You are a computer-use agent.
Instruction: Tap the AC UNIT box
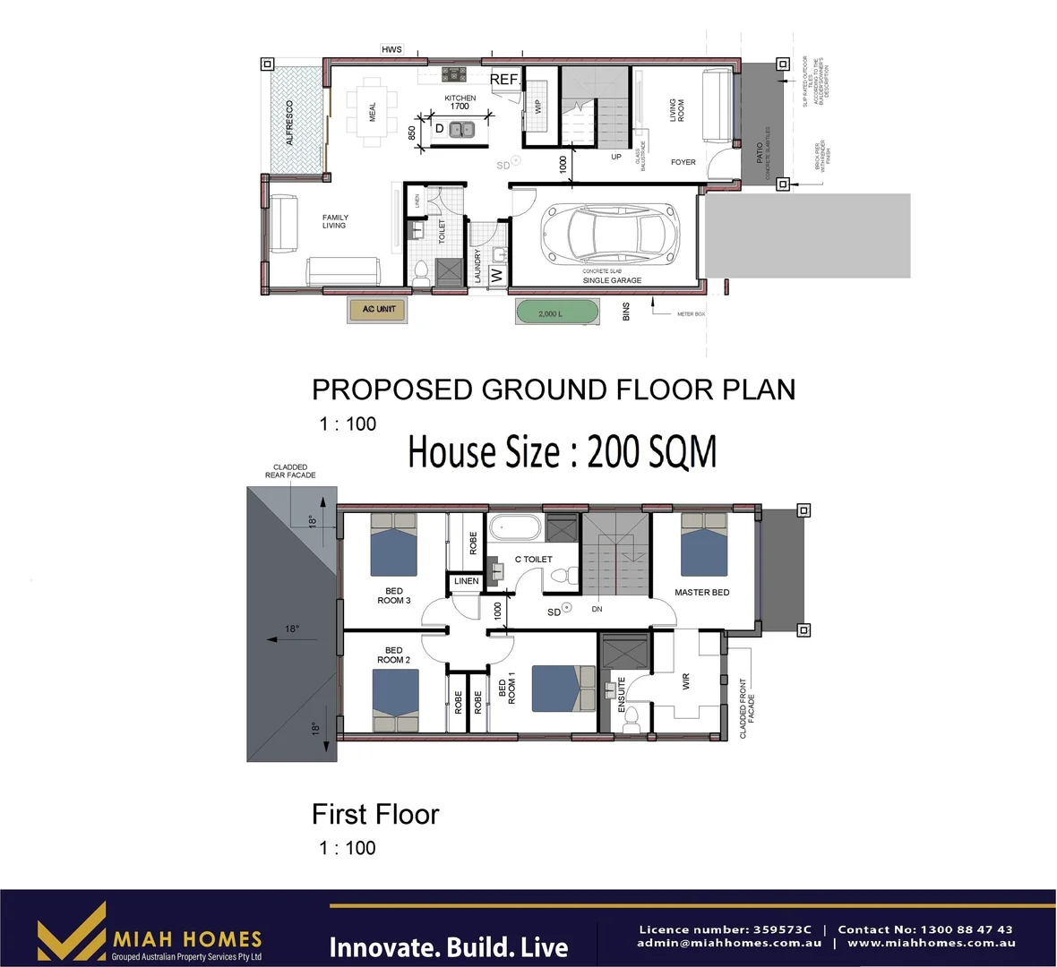click(x=378, y=310)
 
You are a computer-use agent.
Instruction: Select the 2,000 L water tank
click(x=556, y=313)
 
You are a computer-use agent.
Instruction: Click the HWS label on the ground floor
click(x=391, y=50)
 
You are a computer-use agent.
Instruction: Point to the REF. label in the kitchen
click(x=504, y=80)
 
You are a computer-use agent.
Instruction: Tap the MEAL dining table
click(x=372, y=112)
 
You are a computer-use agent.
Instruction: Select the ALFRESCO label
click(x=289, y=123)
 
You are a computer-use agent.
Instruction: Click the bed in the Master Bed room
click(x=703, y=545)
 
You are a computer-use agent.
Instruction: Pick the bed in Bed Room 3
click(x=393, y=545)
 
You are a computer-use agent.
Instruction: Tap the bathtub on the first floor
click(x=515, y=526)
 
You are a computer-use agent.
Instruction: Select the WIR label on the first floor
click(x=686, y=681)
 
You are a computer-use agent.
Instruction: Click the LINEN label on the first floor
click(x=466, y=582)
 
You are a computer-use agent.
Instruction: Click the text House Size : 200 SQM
click(x=562, y=451)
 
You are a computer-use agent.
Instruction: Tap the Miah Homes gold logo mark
click(x=72, y=932)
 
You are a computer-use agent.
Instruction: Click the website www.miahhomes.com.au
click(x=931, y=943)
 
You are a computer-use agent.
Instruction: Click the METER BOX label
click(x=691, y=314)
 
